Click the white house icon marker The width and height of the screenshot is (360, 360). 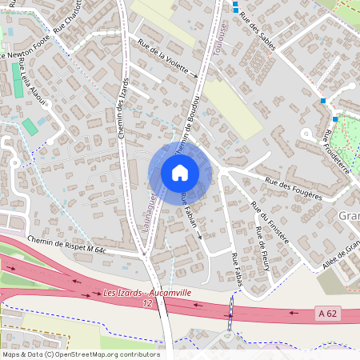click(x=180, y=173)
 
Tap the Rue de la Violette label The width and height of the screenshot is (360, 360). click(x=167, y=59)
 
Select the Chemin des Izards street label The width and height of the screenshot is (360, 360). click(x=125, y=109)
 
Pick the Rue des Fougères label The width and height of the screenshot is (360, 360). click(x=294, y=189)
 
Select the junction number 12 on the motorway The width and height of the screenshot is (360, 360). click(x=147, y=304)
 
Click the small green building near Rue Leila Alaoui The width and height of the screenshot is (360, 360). click(x=30, y=126)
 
